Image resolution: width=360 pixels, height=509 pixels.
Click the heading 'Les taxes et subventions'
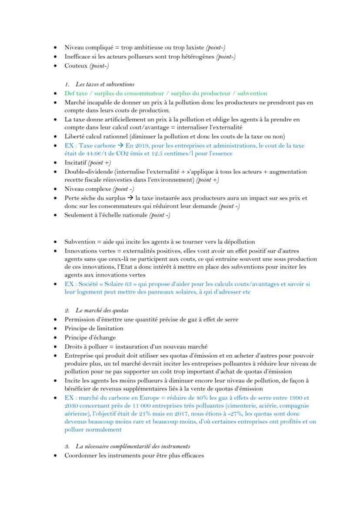(105, 84)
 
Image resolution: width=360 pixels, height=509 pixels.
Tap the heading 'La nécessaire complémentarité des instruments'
(133, 446)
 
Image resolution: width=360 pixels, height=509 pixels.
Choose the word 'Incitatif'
(75, 163)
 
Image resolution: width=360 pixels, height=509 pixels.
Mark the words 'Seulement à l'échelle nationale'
(106, 215)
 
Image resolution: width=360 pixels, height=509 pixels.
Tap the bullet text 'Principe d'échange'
(90, 338)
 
